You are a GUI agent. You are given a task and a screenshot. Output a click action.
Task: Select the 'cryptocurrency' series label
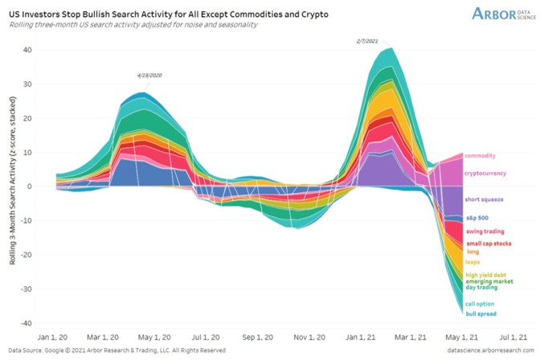coord(490,173)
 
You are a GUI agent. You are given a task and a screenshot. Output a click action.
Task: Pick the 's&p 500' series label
coord(481,218)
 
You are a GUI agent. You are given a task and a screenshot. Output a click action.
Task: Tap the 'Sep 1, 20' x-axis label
coord(259,338)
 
